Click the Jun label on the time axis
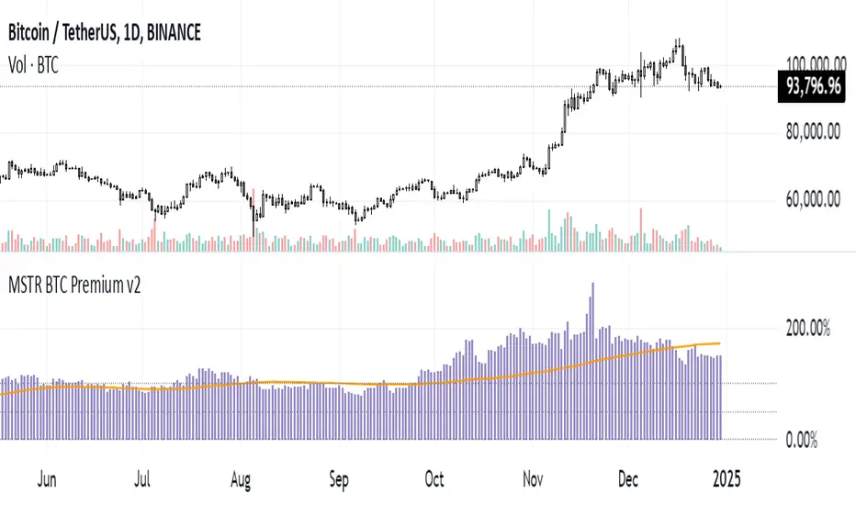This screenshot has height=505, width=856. point(45,478)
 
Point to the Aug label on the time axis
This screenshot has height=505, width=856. point(242,478)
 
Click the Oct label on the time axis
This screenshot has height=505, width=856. point(434,478)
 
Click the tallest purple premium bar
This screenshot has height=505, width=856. point(592,358)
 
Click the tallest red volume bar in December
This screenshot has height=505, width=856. point(640,230)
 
